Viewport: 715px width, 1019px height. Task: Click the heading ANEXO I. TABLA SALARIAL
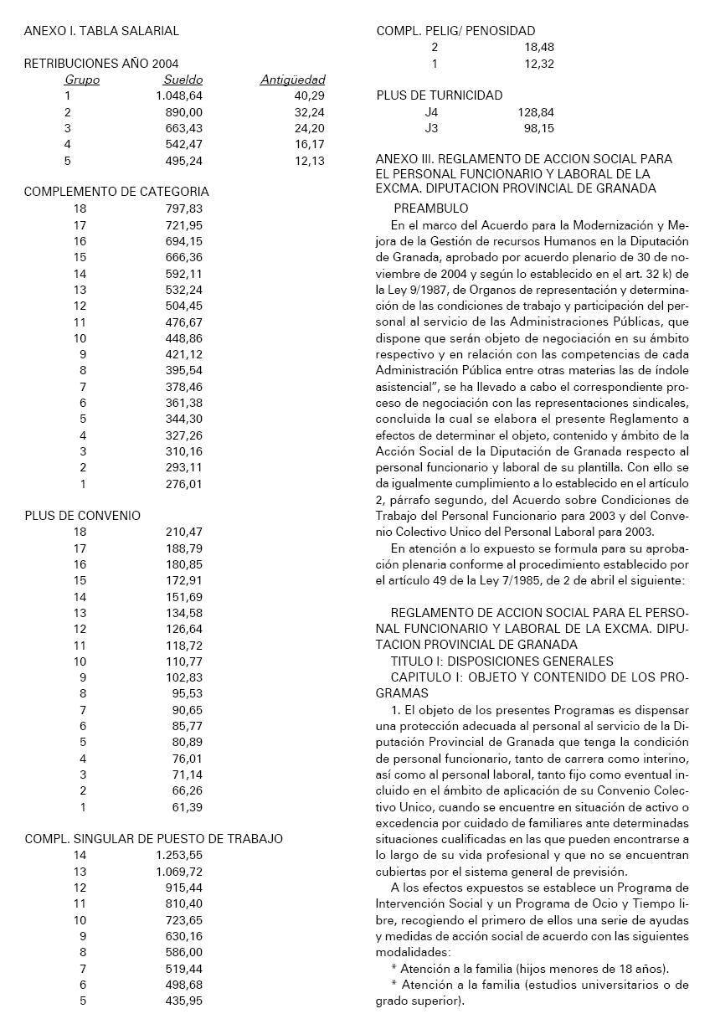(101, 31)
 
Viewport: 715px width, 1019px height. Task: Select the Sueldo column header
(183, 80)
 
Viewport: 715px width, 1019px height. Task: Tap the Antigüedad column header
(292, 80)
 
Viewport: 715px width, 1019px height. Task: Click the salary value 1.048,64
(179, 96)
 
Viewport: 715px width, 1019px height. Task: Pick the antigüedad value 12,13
(309, 161)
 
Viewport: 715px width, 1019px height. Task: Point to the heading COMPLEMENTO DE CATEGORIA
(116, 192)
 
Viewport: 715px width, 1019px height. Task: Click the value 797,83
(184, 208)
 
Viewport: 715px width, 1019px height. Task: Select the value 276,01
(184, 484)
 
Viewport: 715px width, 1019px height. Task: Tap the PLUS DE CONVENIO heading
(82, 516)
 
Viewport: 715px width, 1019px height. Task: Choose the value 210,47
(184, 532)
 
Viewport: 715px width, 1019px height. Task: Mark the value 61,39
(188, 807)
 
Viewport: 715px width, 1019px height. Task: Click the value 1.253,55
(179, 855)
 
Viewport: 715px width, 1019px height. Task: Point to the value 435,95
(184, 1001)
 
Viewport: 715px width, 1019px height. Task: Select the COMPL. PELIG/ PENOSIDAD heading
(455, 31)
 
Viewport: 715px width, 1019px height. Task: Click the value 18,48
(538, 48)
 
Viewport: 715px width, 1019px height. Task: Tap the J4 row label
(431, 112)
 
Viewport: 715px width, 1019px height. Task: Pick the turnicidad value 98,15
(538, 128)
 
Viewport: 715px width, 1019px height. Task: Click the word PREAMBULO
(431, 208)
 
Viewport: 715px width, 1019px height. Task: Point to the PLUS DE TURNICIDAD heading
(440, 95)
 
